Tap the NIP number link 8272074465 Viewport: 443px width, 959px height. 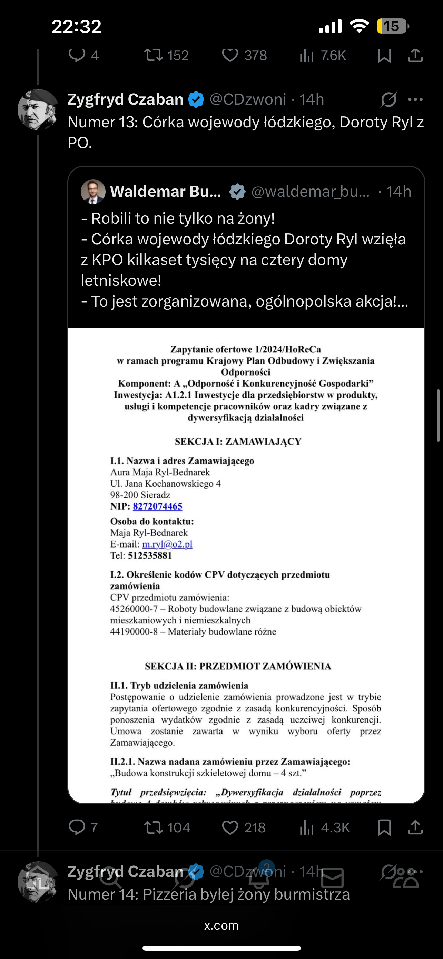click(x=157, y=506)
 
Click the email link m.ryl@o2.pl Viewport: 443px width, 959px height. click(x=167, y=544)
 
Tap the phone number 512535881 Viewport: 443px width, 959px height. click(x=149, y=555)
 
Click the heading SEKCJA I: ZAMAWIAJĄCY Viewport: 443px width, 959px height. click(x=238, y=442)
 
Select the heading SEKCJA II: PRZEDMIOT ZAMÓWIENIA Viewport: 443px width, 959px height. click(x=238, y=666)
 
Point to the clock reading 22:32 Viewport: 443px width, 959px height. click(x=77, y=27)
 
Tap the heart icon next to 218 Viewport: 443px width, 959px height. click(x=230, y=827)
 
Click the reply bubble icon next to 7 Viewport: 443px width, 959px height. click(x=77, y=827)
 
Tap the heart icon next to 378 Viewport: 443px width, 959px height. click(x=230, y=56)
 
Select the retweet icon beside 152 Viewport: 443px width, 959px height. click(x=153, y=56)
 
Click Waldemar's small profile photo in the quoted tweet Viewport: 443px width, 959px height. click(x=93, y=191)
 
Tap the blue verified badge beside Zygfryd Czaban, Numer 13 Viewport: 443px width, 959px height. click(x=196, y=100)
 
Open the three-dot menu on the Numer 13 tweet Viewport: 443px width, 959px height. click(x=415, y=100)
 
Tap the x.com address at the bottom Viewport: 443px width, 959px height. click(x=221, y=925)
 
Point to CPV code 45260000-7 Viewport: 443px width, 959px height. click(x=134, y=609)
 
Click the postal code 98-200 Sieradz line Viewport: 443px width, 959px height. click(x=140, y=495)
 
